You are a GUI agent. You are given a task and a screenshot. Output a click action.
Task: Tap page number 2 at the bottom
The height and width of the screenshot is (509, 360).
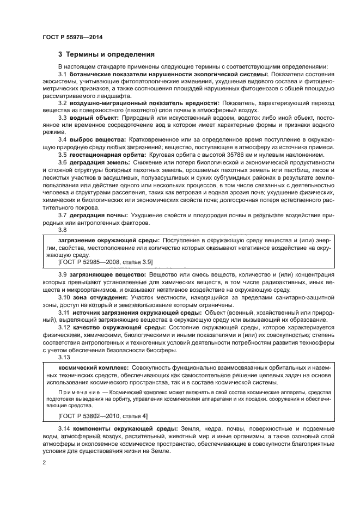(44, 463)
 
